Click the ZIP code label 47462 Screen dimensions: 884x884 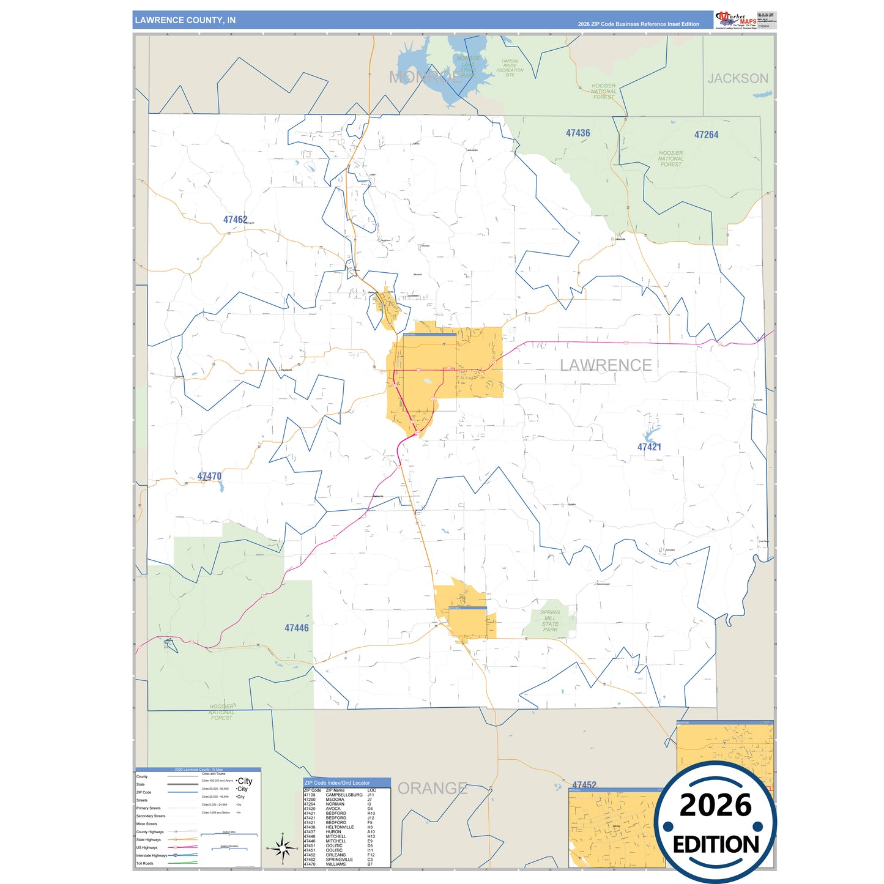(235, 220)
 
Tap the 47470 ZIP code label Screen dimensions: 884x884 (209, 476)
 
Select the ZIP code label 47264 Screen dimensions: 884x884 (706, 135)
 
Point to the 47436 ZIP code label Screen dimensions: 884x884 (578, 133)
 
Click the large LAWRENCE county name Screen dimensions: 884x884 (606, 365)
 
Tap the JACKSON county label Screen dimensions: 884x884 (737, 78)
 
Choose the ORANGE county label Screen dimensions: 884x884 (432, 788)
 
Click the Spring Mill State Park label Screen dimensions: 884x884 (550, 620)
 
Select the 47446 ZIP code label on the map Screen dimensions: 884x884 (297, 628)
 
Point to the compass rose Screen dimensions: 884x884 (283, 849)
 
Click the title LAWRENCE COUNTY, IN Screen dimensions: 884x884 (185, 20)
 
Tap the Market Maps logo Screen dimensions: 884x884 (736, 20)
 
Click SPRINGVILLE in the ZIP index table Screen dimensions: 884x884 (339, 860)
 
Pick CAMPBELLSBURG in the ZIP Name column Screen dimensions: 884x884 (344, 795)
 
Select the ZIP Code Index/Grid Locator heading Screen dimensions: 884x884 (337, 782)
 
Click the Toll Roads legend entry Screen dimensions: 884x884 (145, 863)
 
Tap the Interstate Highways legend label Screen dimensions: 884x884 (151, 855)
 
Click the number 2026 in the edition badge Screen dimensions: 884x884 (715, 805)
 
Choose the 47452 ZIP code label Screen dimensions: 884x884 (584, 785)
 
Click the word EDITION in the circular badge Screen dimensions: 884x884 (716, 845)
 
